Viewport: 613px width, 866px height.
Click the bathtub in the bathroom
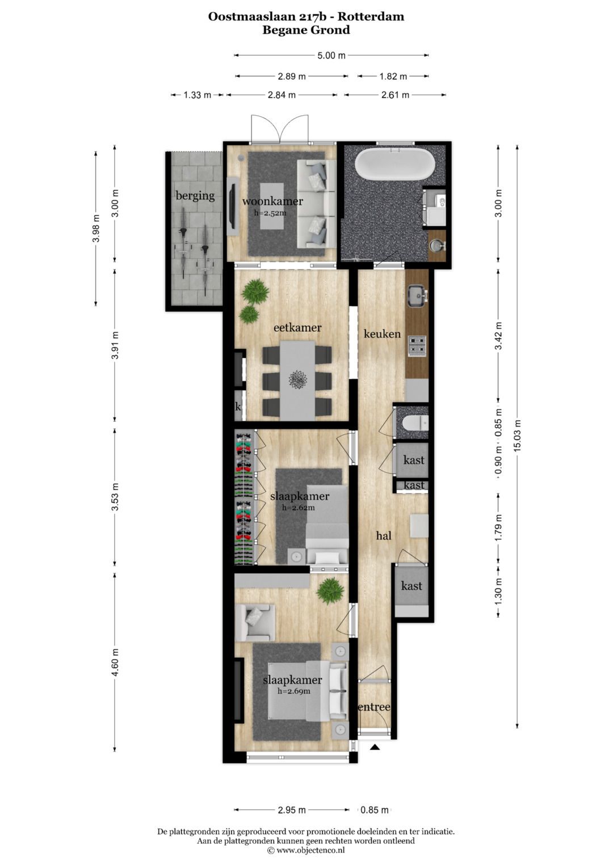click(x=394, y=164)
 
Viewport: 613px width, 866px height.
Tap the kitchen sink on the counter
click(x=417, y=295)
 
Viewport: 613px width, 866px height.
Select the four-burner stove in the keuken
click(x=417, y=346)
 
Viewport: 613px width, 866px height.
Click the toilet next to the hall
click(x=415, y=423)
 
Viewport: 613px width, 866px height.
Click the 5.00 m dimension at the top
click(x=331, y=55)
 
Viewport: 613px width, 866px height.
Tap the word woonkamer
click(x=272, y=201)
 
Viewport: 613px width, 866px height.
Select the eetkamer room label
click(x=297, y=327)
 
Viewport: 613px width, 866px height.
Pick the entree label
click(x=374, y=707)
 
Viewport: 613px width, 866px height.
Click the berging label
click(x=195, y=196)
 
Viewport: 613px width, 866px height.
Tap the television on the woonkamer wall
click(x=233, y=207)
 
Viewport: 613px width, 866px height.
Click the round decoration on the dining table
click(x=298, y=379)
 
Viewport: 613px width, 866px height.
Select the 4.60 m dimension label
click(x=115, y=661)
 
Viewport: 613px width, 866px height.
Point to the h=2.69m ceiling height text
click(x=294, y=691)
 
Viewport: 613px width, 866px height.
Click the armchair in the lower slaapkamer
click(x=255, y=622)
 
